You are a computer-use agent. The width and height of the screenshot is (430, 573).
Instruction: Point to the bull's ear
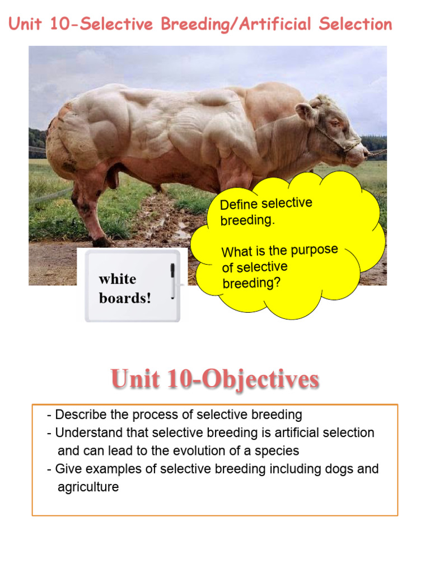coord(306,112)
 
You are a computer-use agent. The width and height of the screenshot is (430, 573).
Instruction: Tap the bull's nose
coord(364,151)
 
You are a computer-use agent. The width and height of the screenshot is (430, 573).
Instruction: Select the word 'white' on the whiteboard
coord(118,279)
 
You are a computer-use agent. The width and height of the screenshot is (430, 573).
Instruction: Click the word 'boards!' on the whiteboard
coord(125,298)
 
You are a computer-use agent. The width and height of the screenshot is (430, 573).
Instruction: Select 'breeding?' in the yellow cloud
coord(251,283)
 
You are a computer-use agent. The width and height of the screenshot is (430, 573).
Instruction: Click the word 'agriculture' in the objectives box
coord(88,486)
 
